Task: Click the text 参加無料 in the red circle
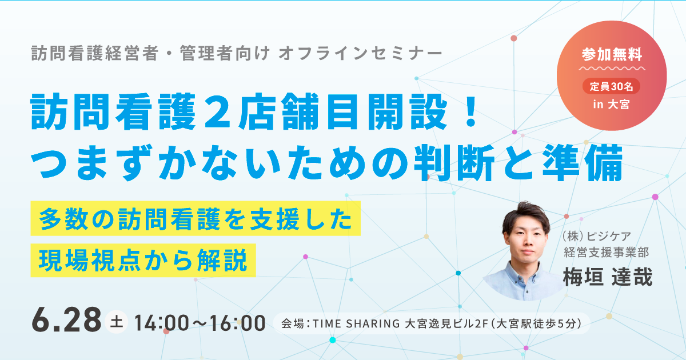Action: pos(612,54)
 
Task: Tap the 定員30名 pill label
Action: pos(611,86)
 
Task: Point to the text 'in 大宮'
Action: pos(611,105)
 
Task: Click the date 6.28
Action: pos(66,320)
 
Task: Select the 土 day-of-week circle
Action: pos(117,322)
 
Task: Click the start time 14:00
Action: pos(162,323)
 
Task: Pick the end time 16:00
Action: pos(238,323)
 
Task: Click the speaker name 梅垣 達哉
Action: pos(608,277)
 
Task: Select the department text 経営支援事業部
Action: pos(607,253)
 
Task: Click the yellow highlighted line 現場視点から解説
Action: pos(143,260)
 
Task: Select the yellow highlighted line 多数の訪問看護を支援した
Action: pos(196,218)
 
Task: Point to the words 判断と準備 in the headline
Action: pos(518,162)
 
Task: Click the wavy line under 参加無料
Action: pos(612,68)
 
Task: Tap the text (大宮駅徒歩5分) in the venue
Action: pos(536,323)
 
